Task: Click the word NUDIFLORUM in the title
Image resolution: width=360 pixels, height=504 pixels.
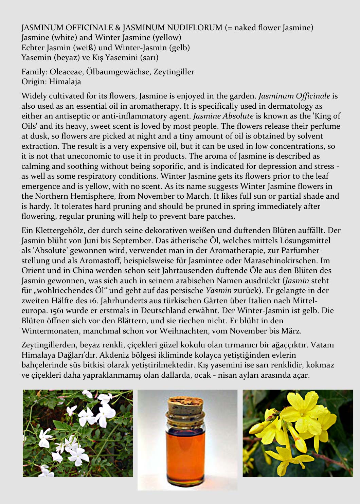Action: [x=190, y=28]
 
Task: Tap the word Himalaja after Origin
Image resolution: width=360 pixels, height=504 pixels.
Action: [x=65, y=82]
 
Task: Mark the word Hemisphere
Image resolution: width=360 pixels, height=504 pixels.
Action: [x=92, y=196]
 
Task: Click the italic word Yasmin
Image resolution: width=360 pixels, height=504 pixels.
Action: [x=218, y=291]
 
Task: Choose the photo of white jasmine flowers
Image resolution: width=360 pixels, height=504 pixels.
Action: [x=78, y=433]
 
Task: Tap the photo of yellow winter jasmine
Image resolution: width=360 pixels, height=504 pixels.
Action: [x=298, y=433]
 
